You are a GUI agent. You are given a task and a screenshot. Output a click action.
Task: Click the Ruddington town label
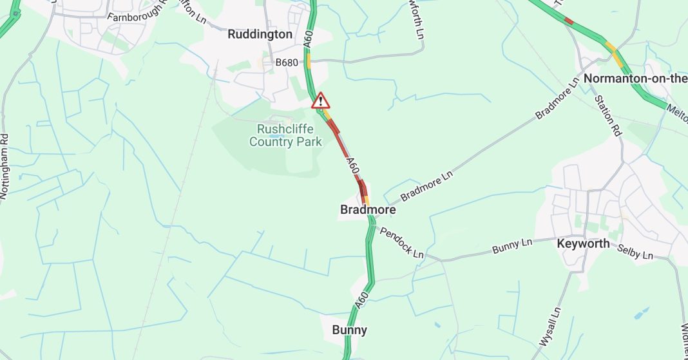tap(260, 34)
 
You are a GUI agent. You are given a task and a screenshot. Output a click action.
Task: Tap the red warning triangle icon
tap(320, 100)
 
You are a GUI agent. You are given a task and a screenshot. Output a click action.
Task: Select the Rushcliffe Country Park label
tap(285, 135)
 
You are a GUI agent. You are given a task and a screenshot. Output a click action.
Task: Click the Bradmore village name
tap(368, 210)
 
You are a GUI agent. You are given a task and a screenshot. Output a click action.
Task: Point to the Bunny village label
tap(349, 330)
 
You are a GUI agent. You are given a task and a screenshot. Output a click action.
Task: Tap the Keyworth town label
tap(583, 243)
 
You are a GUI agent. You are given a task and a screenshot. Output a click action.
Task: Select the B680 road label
tap(287, 62)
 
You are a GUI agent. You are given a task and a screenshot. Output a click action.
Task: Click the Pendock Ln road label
tap(401, 242)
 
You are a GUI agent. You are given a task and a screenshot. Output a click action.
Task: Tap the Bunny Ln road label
tap(513, 245)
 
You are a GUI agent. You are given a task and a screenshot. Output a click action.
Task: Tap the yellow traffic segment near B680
tap(309, 62)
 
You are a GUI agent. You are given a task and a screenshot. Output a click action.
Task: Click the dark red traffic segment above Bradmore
tap(362, 188)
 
